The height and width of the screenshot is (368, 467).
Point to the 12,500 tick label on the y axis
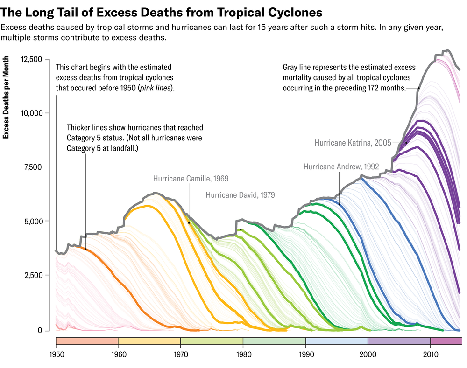point(32,59)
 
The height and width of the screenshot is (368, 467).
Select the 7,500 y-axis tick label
point(34,167)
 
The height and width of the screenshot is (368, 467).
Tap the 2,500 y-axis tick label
point(34,275)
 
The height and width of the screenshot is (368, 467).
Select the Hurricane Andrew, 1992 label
point(341,166)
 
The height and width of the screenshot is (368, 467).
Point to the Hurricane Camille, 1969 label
point(191,178)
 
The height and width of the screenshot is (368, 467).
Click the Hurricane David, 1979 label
point(240,195)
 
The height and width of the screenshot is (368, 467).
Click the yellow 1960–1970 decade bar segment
point(149,340)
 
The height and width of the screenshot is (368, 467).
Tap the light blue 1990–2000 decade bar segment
point(337,340)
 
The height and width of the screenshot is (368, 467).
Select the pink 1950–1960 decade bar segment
point(87,340)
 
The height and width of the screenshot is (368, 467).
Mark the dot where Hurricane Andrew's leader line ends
point(340,204)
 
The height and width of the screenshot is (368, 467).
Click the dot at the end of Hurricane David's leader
point(241,229)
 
